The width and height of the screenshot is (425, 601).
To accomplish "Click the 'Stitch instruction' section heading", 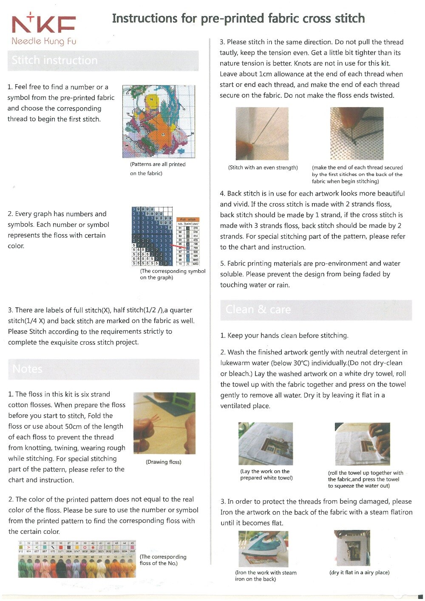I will [x=54, y=60].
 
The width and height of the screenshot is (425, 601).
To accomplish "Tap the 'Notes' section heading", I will [x=27, y=369].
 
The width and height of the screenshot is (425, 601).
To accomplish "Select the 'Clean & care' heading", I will [x=258, y=309].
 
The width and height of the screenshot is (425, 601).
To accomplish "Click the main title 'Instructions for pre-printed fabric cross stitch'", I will [x=238, y=18].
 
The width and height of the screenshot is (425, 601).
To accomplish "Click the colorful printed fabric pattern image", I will [x=159, y=121].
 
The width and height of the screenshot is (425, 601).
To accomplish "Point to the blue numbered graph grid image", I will [x=152, y=236].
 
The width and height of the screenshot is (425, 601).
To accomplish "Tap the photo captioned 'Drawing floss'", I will [x=164, y=423].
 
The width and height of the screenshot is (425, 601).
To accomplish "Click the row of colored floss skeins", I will [x=76, y=566].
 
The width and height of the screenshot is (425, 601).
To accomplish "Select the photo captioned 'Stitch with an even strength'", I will [x=262, y=133].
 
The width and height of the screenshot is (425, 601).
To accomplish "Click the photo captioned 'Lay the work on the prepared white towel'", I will [x=265, y=444].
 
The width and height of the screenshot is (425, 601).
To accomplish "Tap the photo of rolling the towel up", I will [x=362, y=444].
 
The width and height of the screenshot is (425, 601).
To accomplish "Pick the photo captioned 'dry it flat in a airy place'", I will [x=352, y=548].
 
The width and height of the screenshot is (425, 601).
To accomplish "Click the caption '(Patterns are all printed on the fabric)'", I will [x=158, y=169].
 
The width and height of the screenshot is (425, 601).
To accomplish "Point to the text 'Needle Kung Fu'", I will [x=44, y=41].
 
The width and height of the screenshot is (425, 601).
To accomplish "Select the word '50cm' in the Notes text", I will [x=66, y=426].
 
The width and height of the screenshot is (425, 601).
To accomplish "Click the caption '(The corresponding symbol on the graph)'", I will [x=172, y=274].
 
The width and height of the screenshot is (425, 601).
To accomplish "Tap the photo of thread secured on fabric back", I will [x=357, y=133].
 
